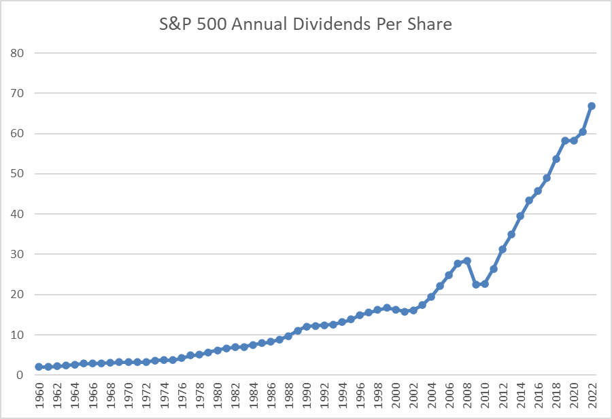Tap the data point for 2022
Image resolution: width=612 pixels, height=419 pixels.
(592, 106)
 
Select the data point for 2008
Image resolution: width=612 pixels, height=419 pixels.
(466, 261)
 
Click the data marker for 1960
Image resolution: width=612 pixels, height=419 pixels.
(39, 367)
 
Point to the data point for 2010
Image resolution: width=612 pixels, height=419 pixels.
(484, 284)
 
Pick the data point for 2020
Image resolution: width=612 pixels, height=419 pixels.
(574, 141)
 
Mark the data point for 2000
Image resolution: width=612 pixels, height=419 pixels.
(395, 310)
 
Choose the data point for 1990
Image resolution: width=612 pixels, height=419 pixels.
(306, 327)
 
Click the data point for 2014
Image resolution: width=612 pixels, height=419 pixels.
(520, 216)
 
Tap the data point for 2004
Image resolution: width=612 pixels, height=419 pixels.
(431, 297)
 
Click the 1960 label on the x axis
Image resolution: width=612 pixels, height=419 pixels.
(39, 396)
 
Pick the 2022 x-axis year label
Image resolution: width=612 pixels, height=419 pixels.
(592, 396)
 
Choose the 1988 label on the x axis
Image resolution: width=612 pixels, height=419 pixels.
(289, 396)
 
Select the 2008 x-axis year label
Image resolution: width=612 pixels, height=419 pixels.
(467, 396)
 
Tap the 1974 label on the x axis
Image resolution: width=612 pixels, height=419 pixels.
(164, 396)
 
